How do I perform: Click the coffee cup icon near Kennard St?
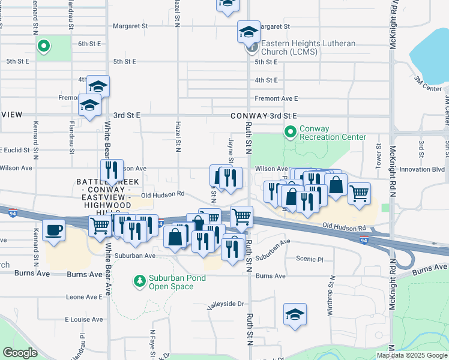tap(54, 229)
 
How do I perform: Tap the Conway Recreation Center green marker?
tap(291, 131)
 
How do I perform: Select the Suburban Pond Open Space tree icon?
tap(139, 281)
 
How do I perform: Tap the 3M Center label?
tap(427, 84)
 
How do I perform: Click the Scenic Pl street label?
tap(310, 259)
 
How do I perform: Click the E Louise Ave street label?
tap(86, 319)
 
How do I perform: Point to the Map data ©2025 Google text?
tap(412, 355)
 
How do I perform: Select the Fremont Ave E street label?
tap(276, 98)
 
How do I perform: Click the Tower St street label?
tap(379, 154)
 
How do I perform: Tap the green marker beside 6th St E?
tap(43, 46)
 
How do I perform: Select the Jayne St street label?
tap(231, 151)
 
